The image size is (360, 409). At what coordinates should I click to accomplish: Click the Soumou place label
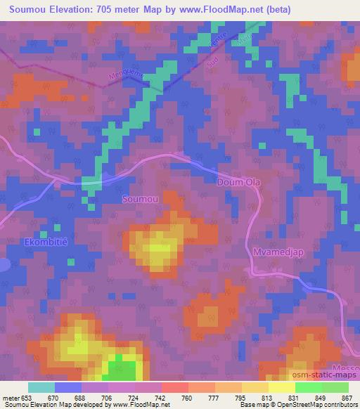point(140,200)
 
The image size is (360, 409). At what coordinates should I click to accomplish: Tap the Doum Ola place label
point(238,182)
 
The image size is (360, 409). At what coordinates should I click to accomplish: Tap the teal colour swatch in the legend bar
point(41,387)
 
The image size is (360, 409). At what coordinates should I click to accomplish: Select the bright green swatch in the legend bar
point(309,387)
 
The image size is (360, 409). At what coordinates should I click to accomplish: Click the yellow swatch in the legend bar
point(282,387)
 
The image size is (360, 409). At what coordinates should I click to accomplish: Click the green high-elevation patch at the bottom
point(121,367)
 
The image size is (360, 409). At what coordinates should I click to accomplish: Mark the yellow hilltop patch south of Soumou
point(156,249)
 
